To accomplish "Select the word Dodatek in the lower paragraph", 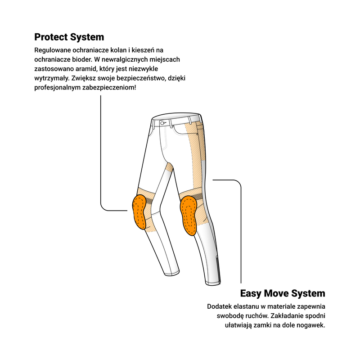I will pos(219,306).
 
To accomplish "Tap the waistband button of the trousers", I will pos(162,123).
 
